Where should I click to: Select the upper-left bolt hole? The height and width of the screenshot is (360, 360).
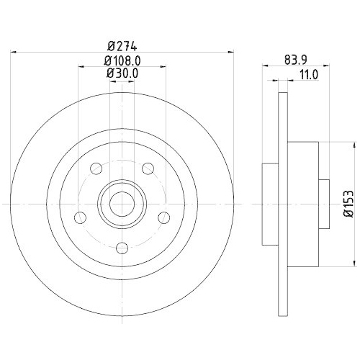click(96, 169)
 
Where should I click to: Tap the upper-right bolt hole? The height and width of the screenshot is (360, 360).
click(148, 169)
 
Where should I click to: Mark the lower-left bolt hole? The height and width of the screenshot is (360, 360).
click(81, 217)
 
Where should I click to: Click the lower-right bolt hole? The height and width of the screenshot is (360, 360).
click(163, 217)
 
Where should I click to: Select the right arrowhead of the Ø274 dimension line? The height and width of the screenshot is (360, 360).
click(231, 50)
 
